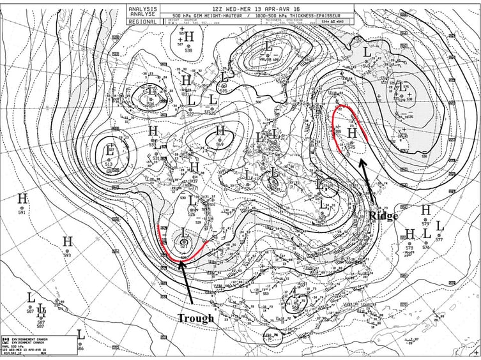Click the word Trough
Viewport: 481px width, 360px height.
coord(196,318)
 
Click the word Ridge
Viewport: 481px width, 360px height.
coord(383,216)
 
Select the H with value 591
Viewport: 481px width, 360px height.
coord(22,199)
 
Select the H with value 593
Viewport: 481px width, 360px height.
coord(67,241)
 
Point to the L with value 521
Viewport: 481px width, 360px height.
coord(184,234)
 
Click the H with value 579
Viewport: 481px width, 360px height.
coord(426,210)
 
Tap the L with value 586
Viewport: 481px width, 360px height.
coord(80,334)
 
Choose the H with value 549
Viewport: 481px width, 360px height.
coord(220,131)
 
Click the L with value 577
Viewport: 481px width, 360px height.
coord(439,225)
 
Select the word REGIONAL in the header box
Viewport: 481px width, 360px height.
coord(142,21)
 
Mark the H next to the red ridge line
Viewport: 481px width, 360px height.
coord(351,135)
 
